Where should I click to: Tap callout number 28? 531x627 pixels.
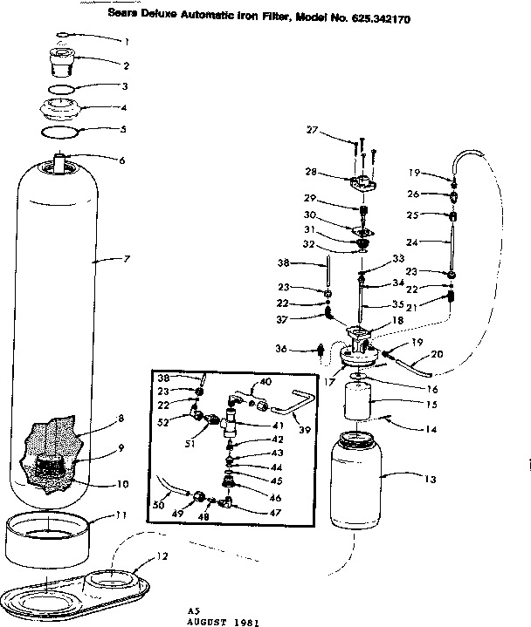point(309,172)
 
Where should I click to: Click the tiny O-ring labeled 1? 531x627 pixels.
point(64,37)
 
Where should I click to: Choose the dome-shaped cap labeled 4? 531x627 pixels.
point(66,112)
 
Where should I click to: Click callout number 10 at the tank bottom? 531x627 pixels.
point(123,485)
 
